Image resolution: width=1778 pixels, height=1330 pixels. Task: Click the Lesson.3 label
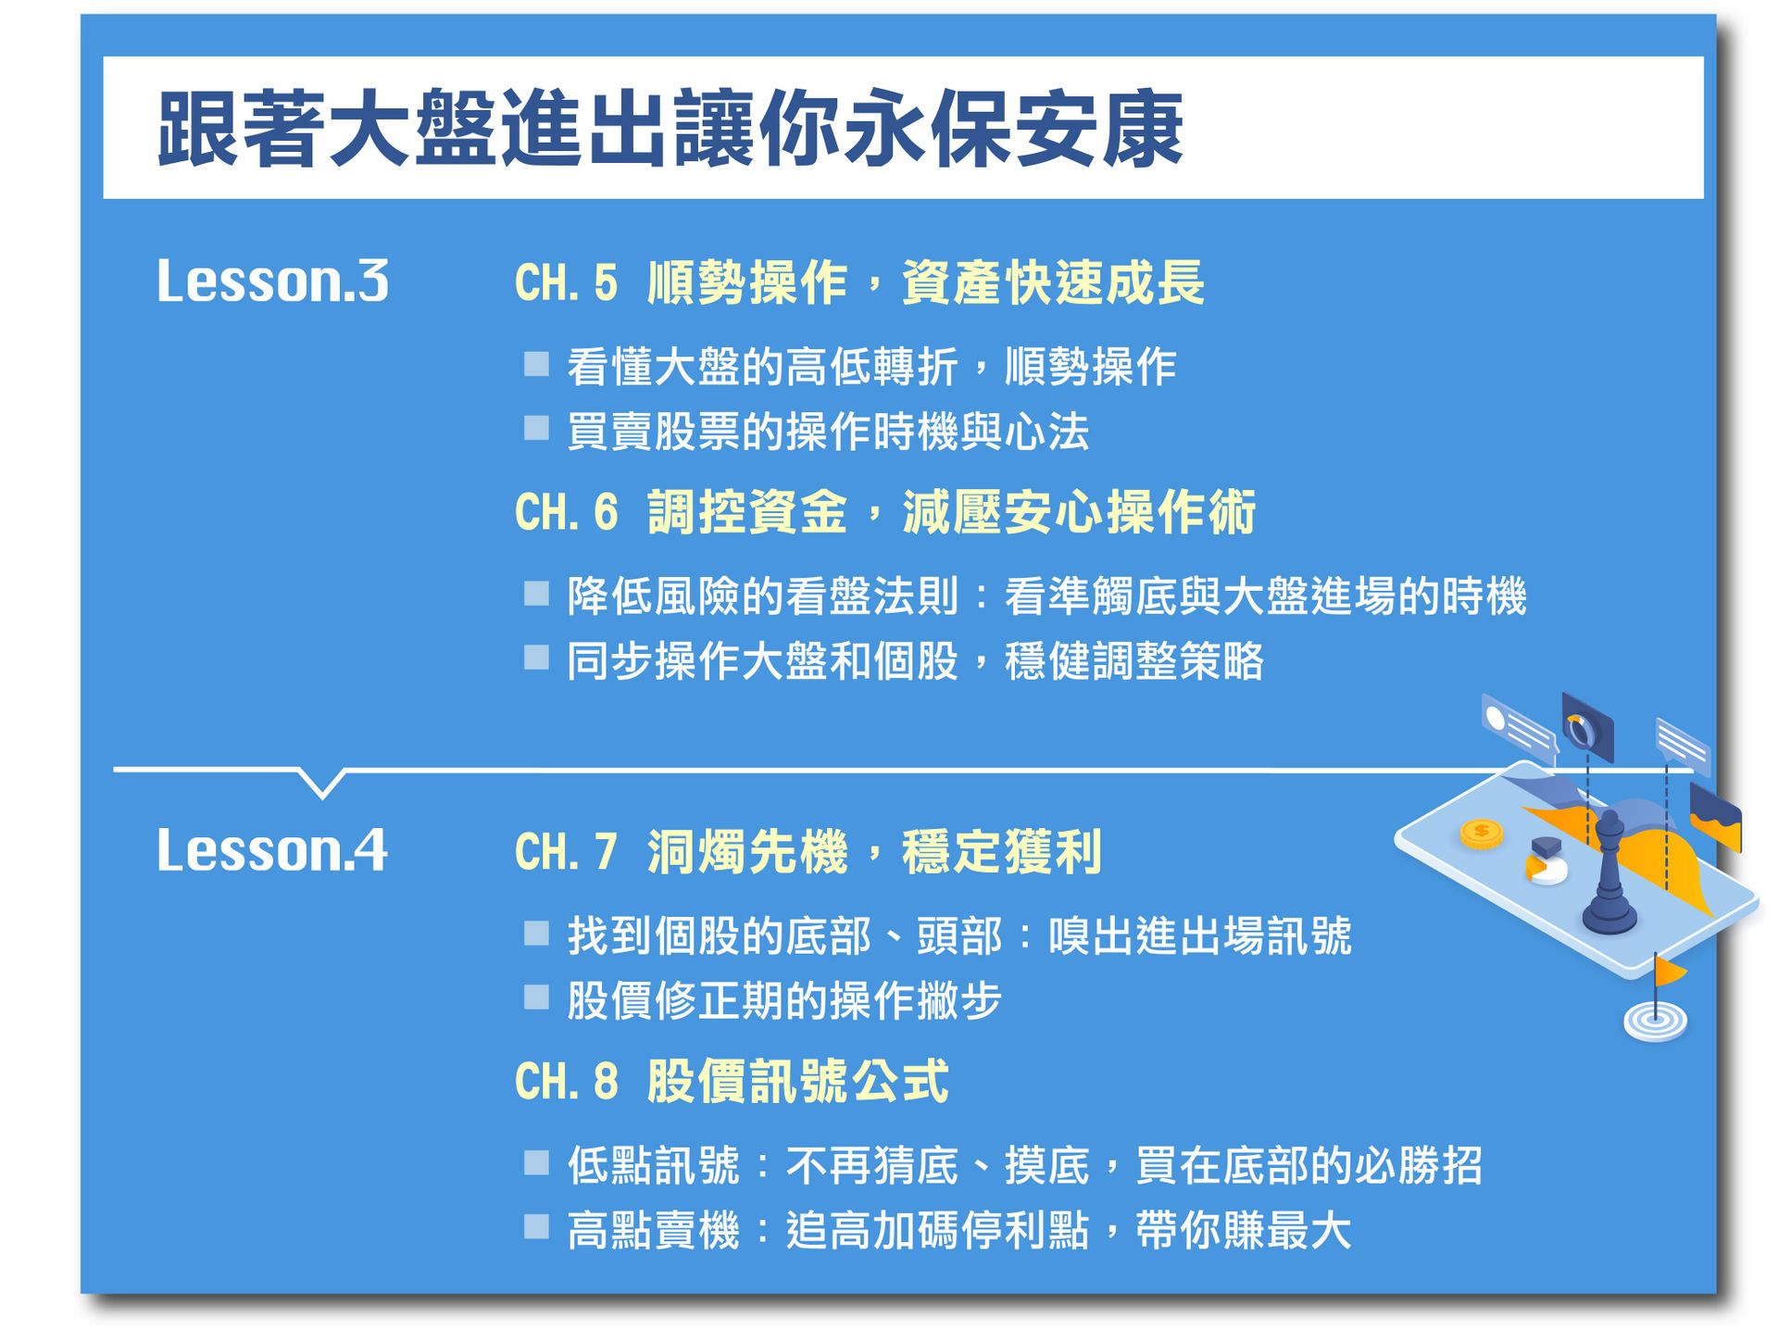(x=272, y=281)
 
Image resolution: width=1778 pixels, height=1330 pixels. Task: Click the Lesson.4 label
(x=272, y=850)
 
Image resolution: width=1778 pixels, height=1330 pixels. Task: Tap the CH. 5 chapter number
(x=565, y=283)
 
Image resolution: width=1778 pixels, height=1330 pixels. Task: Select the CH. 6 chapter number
(x=565, y=512)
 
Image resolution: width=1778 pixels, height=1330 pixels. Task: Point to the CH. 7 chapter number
(x=565, y=852)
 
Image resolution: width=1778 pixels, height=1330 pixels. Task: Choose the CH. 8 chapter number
(x=565, y=1081)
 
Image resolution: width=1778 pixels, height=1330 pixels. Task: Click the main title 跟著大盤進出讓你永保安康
(x=670, y=129)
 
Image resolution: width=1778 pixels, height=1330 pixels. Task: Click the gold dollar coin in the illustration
(x=1481, y=833)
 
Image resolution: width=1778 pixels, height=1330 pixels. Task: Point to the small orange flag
(x=1669, y=972)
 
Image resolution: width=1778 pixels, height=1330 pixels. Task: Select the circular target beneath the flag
(x=1655, y=1021)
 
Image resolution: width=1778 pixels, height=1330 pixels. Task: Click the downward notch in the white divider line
(x=322, y=784)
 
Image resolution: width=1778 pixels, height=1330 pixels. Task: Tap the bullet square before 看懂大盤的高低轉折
(x=536, y=364)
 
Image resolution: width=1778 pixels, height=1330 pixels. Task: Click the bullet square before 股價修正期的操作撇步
(x=536, y=997)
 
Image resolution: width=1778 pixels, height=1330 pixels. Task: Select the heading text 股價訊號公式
(x=797, y=1081)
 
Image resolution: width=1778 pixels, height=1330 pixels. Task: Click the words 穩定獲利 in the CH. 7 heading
(x=1001, y=852)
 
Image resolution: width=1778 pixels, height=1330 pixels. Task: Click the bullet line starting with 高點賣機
(x=958, y=1231)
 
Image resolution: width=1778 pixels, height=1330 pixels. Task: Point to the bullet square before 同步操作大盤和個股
(x=536, y=658)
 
